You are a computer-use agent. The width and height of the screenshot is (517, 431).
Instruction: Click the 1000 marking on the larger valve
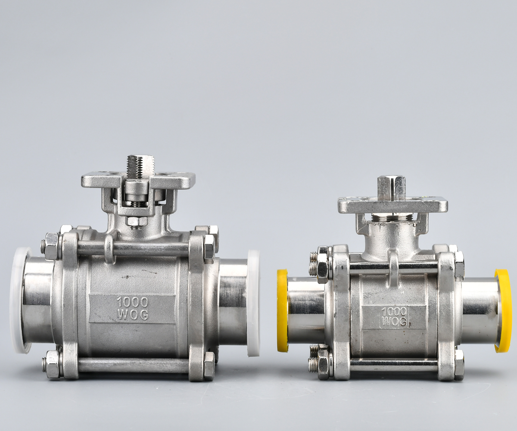pyautogui.click(x=132, y=302)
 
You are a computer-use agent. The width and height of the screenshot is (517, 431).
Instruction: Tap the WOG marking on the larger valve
pyautogui.click(x=133, y=315)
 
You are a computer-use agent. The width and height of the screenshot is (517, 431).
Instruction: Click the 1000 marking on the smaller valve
pyautogui.click(x=395, y=312)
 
